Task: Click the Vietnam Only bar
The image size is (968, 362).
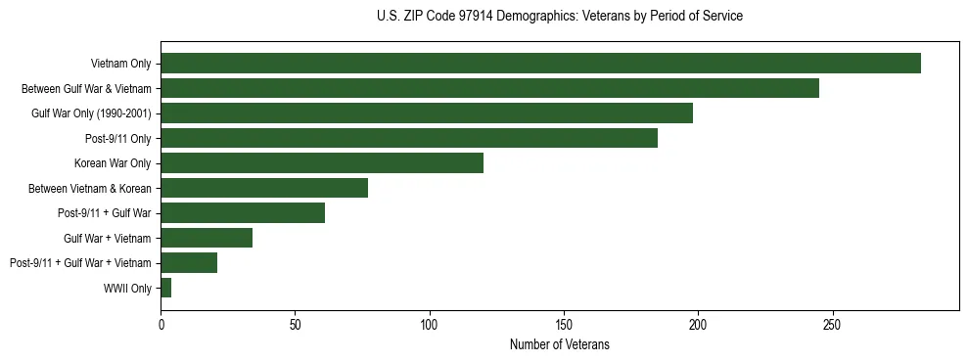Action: coord(540,64)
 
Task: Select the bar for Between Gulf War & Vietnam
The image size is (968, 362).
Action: coord(489,88)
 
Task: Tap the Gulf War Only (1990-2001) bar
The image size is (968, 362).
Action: coord(427,113)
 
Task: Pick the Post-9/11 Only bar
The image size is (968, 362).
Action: coord(409,138)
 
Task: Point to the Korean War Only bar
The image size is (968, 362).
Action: coord(322,163)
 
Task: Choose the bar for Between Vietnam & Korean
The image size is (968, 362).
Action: coord(264,188)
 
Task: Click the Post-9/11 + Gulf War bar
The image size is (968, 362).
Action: coord(243,213)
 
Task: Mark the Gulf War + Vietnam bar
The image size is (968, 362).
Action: coord(207,238)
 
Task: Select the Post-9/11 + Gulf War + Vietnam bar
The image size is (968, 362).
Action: coord(189,262)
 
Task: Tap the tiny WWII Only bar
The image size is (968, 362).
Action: coord(166,288)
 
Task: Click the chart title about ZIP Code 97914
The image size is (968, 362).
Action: coord(559,17)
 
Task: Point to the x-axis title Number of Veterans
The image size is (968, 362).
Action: coord(559,344)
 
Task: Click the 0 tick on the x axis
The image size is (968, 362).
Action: coord(161,324)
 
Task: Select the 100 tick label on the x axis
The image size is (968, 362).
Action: coord(430,324)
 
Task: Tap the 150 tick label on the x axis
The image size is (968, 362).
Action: coord(564,324)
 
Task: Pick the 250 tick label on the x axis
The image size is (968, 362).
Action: coord(832,324)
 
